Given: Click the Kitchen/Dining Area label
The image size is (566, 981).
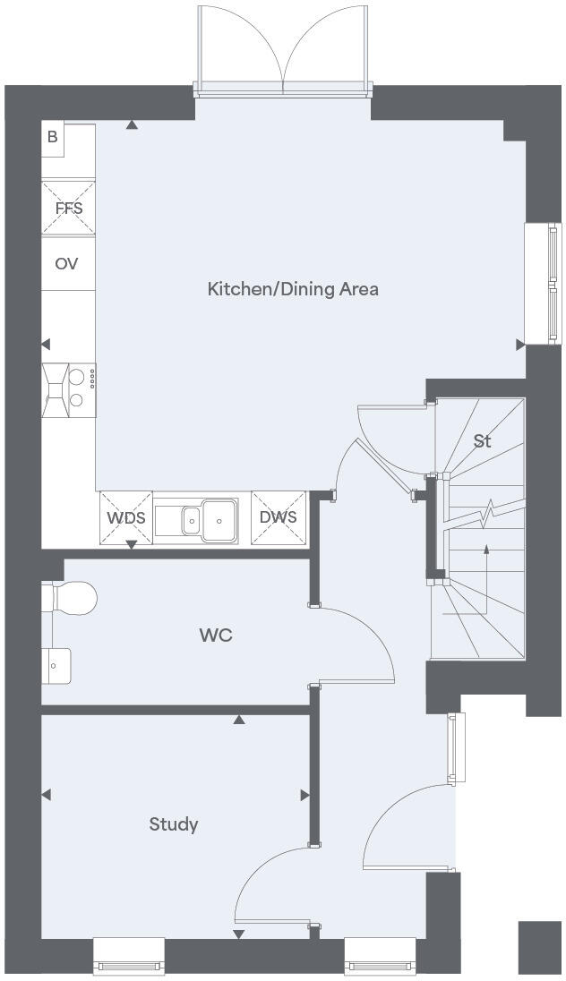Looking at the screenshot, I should click(x=293, y=289).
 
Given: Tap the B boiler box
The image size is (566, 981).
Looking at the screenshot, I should click(x=53, y=138).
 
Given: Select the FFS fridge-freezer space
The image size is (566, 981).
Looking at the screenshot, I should click(x=68, y=209).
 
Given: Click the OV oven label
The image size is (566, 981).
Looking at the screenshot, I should click(x=67, y=264).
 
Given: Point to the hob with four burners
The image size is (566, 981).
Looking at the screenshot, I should click(x=69, y=389).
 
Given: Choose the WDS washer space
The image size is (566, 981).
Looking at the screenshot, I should click(x=126, y=517).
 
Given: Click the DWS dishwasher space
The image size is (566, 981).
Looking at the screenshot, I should click(x=278, y=517).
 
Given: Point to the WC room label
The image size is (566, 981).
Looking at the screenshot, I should click(x=216, y=636).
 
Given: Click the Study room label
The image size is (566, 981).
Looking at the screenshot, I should click(x=174, y=824).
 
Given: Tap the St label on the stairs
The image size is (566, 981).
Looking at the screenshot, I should click(x=483, y=441).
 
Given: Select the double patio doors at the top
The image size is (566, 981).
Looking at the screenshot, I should click(x=283, y=49).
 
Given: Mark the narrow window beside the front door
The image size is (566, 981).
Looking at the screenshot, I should click(x=458, y=746).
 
